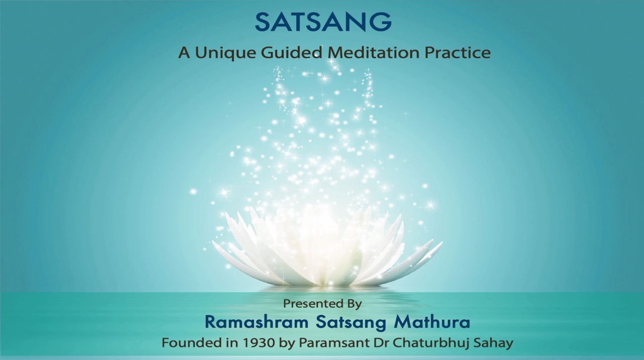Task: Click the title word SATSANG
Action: (323, 22)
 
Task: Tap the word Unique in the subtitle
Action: (225, 53)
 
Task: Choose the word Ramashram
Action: (257, 322)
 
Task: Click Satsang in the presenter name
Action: (351, 323)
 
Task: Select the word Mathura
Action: (432, 322)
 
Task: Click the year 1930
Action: (259, 343)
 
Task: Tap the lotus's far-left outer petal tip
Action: (213, 242)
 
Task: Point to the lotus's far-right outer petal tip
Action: (442, 242)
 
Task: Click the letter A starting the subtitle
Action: (184, 53)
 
